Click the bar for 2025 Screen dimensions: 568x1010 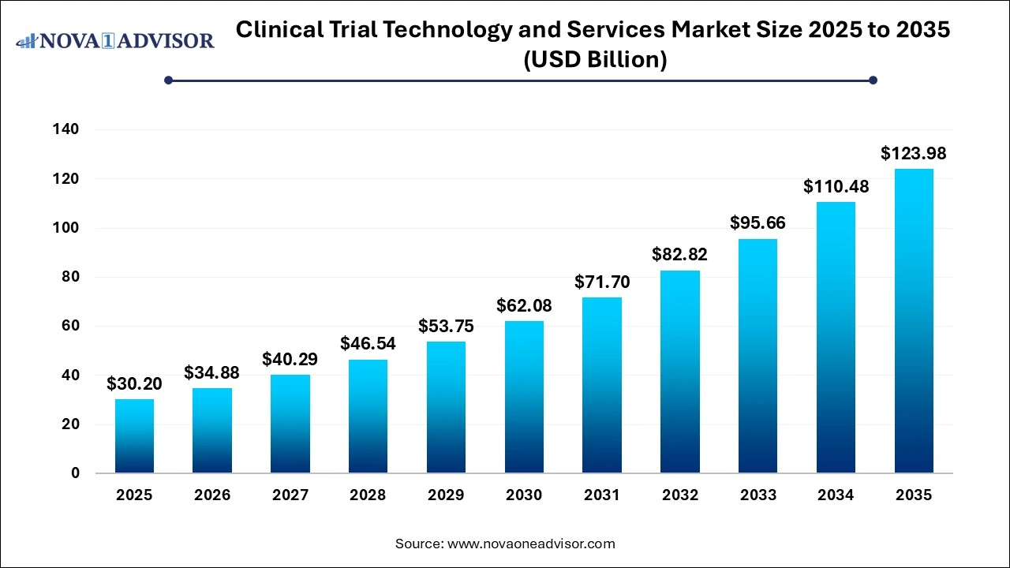(x=134, y=435)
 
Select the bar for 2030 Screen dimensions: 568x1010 (x=524, y=397)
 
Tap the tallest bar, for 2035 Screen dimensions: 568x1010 (x=914, y=321)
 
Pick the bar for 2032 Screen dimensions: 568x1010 (x=680, y=372)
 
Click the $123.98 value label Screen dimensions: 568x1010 (x=913, y=153)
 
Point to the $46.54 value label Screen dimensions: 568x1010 (x=368, y=343)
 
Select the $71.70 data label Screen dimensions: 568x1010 (x=602, y=281)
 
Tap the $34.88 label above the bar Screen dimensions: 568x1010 (x=211, y=372)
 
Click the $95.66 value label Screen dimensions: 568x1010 (x=757, y=222)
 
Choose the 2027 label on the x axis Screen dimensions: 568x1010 (x=290, y=495)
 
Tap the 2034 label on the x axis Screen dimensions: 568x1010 (x=836, y=495)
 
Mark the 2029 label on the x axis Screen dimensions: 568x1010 (x=446, y=495)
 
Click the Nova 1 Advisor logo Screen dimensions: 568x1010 (x=115, y=40)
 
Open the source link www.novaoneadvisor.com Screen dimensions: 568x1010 (x=531, y=544)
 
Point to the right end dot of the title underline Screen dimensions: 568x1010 (x=873, y=80)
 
